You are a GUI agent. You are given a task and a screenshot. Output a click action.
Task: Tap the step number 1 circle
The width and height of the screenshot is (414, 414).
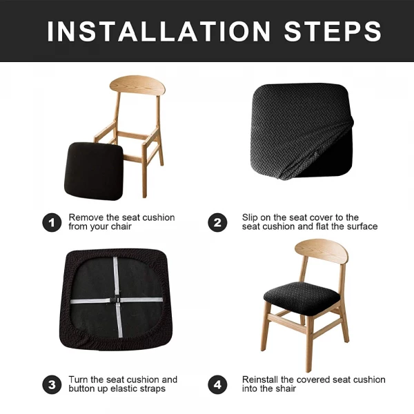pyautogui.click(x=51, y=222)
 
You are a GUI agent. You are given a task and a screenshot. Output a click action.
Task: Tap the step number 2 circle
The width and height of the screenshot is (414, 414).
pyautogui.click(x=217, y=222)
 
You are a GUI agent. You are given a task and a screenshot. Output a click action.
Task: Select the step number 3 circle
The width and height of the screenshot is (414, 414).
pyautogui.click(x=51, y=384)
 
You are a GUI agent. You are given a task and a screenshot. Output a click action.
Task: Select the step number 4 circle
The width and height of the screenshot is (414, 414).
pyautogui.click(x=217, y=384)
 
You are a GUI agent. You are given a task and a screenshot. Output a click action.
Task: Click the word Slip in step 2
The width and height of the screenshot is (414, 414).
pyautogui.click(x=250, y=217)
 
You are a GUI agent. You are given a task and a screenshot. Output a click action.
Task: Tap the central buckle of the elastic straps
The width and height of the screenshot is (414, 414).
pyautogui.click(x=115, y=301)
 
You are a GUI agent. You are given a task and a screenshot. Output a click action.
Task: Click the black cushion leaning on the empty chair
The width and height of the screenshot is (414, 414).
pyautogui.click(x=95, y=169)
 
